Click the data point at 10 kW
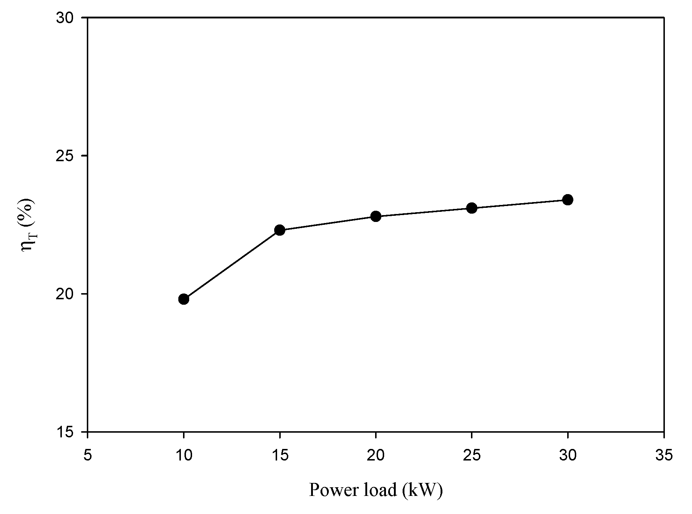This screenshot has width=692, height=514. point(184,299)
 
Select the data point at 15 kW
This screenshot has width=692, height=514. point(280,230)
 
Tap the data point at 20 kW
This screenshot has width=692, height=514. point(376,217)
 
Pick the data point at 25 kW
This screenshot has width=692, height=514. point(472,208)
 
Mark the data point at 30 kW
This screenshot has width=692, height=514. point(568,200)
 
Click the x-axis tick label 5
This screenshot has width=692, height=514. point(88,455)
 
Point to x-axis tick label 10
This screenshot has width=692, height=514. point(184,455)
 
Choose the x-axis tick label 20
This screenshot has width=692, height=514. point(376,455)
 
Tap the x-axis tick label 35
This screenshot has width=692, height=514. point(664,455)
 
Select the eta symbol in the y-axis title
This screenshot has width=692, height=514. point(28,246)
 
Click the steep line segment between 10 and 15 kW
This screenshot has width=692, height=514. point(232,265)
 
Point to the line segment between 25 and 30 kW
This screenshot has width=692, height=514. point(520,204)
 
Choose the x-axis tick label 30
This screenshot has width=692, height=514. point(568,455)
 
